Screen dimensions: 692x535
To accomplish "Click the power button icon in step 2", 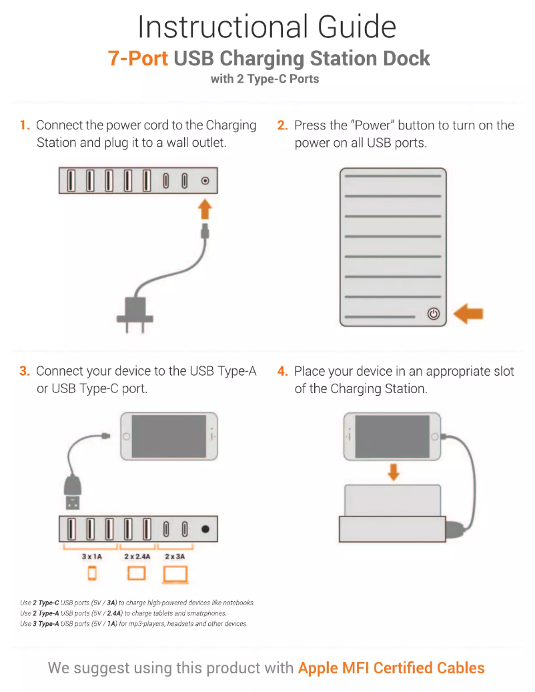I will tap(434, 314).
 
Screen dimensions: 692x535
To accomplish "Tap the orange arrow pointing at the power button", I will tap(468, 314).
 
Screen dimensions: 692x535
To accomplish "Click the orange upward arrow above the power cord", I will tap(205, 209).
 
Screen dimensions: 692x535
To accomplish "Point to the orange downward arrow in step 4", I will tap(394, 472).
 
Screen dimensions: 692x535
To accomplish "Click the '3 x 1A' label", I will tap(91, 556).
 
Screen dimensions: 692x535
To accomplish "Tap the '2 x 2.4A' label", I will tap(137, 556).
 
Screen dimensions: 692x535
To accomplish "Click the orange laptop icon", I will tap(175, 574).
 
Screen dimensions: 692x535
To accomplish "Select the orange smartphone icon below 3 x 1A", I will tap(92, 573).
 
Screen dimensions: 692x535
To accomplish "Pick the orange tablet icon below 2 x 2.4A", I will tap(136, 573).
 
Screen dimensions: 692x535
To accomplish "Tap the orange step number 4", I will tap(282, 371).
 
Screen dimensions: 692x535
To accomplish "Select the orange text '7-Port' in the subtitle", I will tap(137, 58).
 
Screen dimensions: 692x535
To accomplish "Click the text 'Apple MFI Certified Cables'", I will tap(391, 667).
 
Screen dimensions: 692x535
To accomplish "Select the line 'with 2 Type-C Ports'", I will tap(265, 79).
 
